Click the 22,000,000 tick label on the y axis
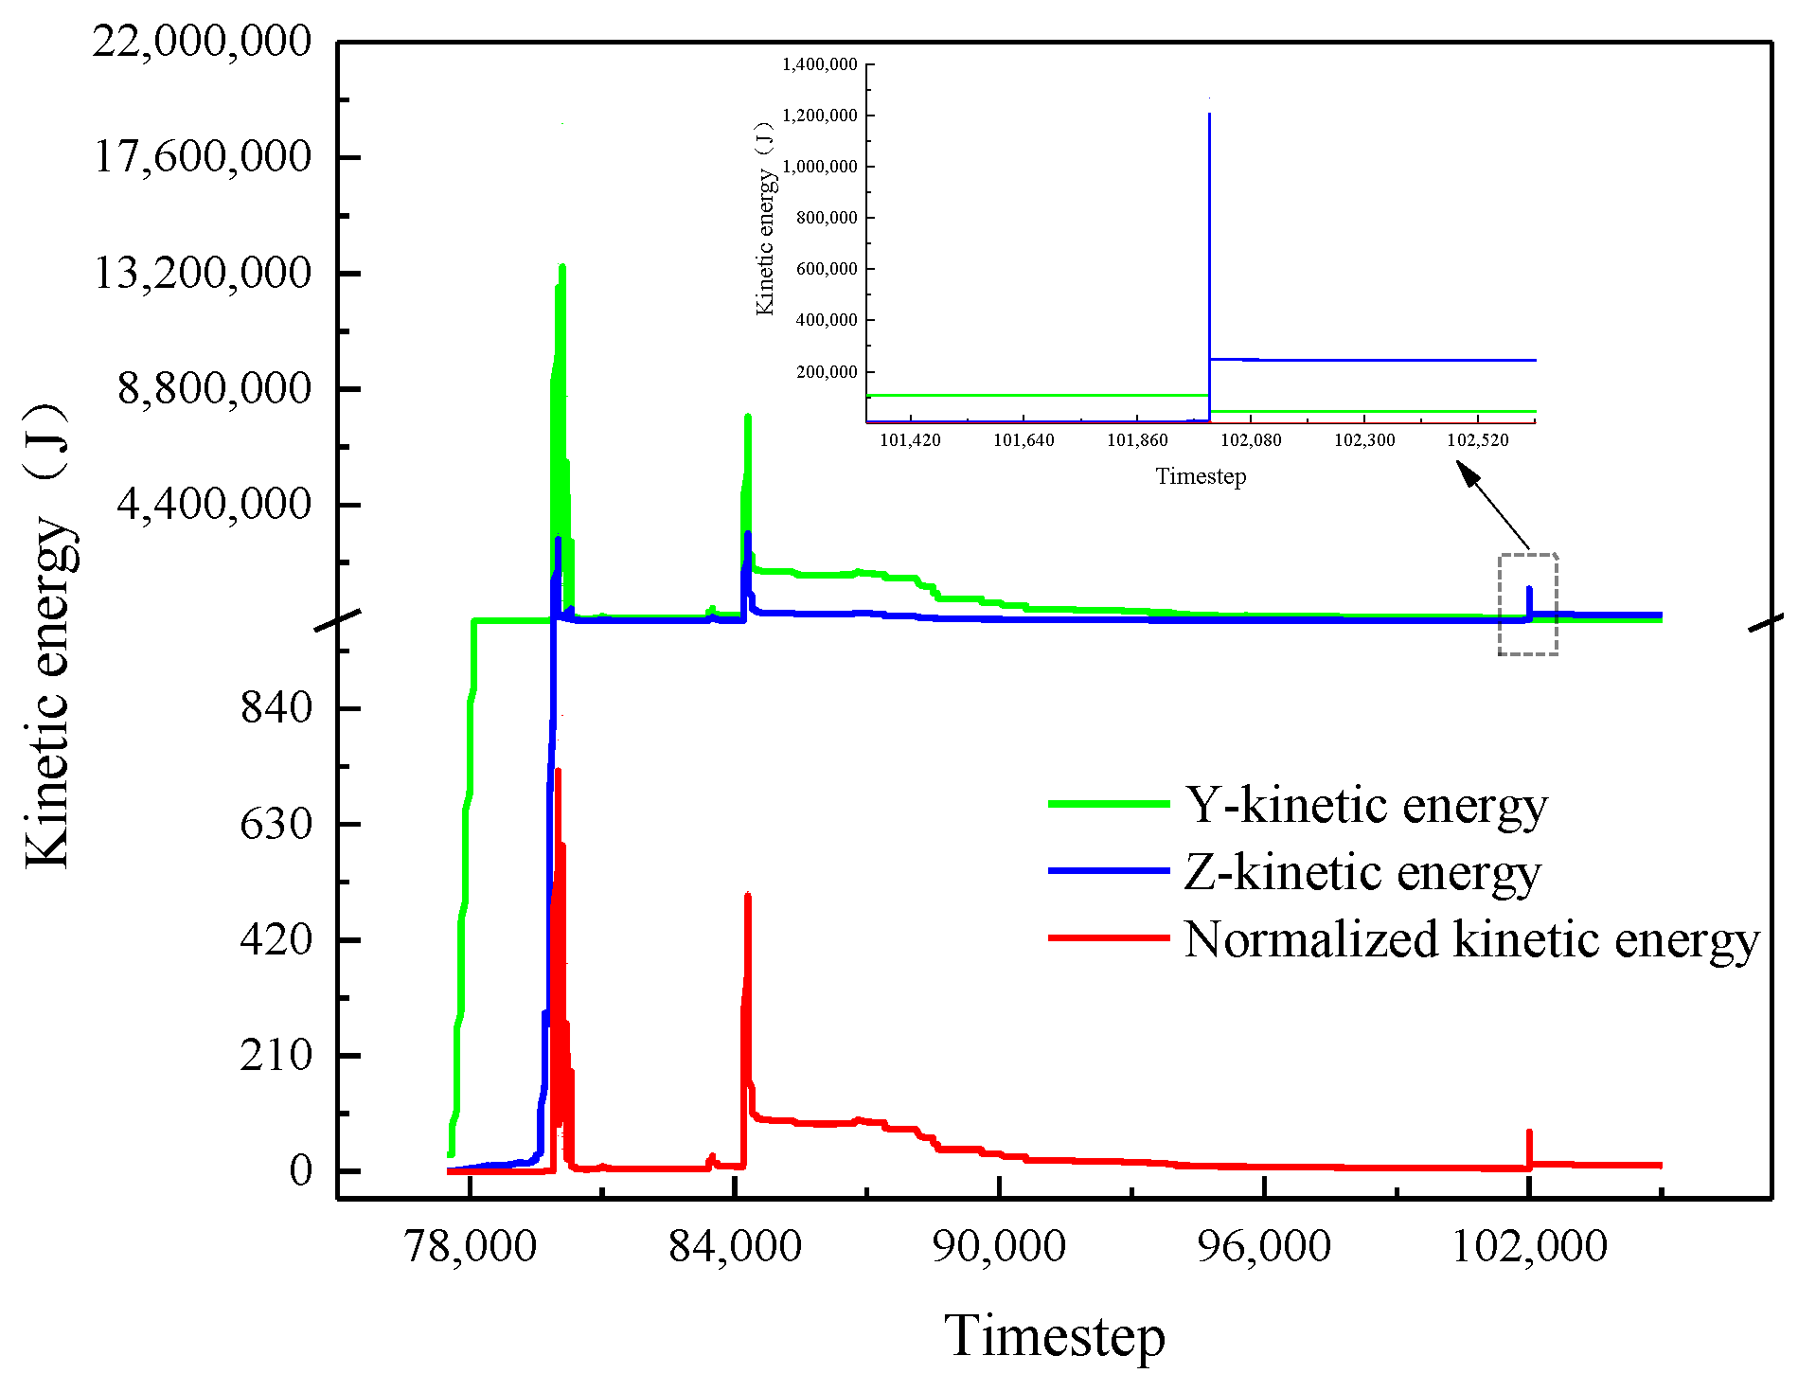coord(202,42)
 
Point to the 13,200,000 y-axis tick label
coord(202,274)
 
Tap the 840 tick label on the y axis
coord(276,707)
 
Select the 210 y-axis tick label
coord(276,1055)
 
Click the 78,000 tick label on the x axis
coord(471,1245)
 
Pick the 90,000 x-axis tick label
coord(999,1245)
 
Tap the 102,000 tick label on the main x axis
coord(1528,1245)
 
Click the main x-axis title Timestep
coord(1054,1336)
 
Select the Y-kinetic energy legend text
coord(1364,805)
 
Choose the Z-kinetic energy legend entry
coord(1362,872)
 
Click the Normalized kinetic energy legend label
coord(1470,939)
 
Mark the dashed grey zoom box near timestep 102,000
coord(1527,604)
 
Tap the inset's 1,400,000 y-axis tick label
coord(819,64)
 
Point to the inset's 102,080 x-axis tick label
coord(1250,440)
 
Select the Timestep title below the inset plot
coord(1201,476)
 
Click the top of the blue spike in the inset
coord(1209,115)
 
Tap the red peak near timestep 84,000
coord(747,896)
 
